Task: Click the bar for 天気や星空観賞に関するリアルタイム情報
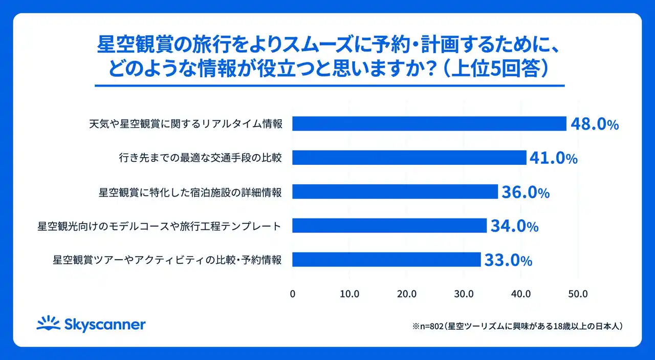(x=429, y=123)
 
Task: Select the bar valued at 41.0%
(x=409, y=158)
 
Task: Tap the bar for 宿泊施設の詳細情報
(x=395, y=192)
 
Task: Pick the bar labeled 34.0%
(x=389, y=225)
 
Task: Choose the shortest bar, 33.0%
(x=386, y=259)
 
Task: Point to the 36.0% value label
(x=526, y=193)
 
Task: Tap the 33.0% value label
(x=508, y=260)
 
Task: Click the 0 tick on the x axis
(x=293, y=294)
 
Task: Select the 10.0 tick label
(x=350, y=294)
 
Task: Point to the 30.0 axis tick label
(x=464, y=294)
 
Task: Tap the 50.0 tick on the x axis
(x=578, y=294)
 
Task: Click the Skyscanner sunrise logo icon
(x=49, y=323)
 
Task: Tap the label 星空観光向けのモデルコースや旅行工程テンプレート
(x=159, y=225)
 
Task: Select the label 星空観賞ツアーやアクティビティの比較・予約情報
(x=167, y=260)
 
